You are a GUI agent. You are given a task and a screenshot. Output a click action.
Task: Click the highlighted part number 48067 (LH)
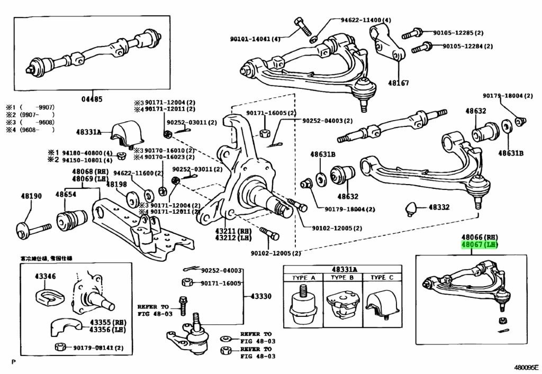point(480,245)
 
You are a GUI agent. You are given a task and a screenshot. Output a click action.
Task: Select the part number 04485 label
point(92,99)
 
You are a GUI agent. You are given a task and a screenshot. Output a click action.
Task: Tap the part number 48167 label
point(399,83)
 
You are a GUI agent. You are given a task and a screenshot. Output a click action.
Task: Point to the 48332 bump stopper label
point(439,208)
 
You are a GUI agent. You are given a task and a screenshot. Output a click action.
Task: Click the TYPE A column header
point(305,278)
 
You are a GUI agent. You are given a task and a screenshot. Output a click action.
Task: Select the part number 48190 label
point(31,196)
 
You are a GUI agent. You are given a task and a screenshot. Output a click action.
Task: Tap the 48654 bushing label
point(66,195)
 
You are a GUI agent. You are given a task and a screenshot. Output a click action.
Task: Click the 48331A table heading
point(345,269)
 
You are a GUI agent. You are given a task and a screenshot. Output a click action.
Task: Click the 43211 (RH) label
point(240,231)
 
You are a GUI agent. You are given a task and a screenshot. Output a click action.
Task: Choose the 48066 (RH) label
point(480,237)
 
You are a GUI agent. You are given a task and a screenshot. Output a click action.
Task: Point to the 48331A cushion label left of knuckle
point(88,132)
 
